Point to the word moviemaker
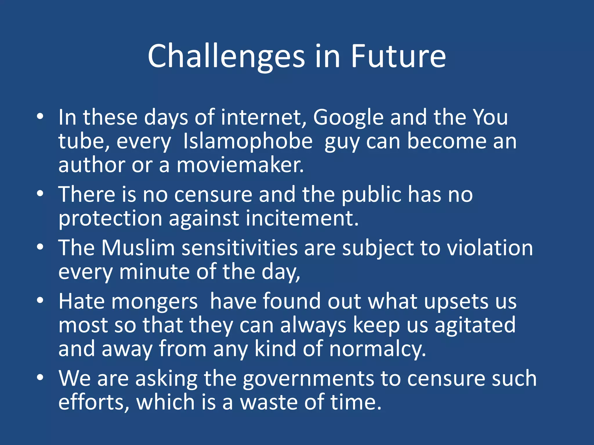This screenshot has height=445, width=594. pos(240,165)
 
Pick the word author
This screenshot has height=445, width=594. pos(92,165)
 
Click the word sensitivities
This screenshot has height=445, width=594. pos(240,248)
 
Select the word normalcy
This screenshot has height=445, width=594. pos(378,349)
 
